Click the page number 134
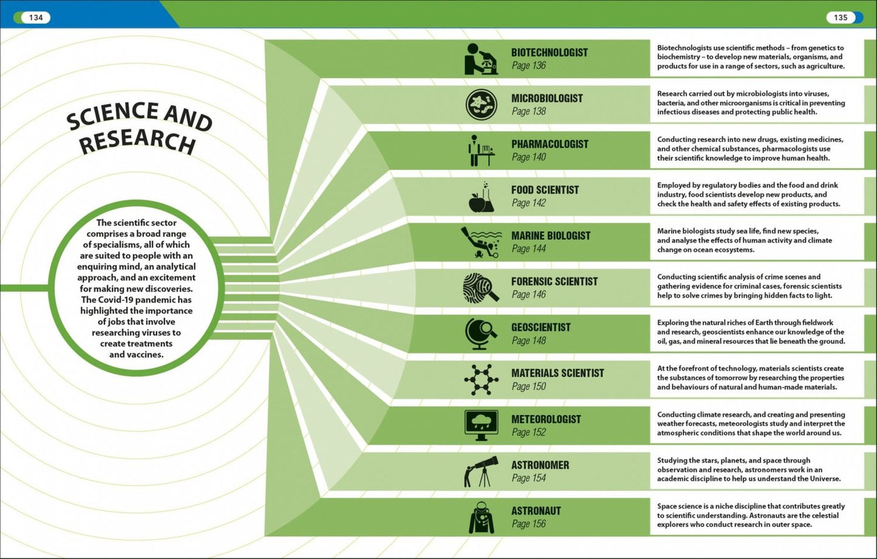36,18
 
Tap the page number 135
841,18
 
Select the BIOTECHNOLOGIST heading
549,52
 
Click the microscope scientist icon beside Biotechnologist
481,59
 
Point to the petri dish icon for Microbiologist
481,104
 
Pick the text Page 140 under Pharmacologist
529,157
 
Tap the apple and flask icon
481,197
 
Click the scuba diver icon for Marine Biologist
481,242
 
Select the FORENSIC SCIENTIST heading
554,282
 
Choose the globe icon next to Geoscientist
481,334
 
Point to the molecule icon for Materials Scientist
481,380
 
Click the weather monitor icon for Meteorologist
481,425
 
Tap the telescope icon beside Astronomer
481,472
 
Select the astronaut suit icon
481,518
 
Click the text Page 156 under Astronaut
529,524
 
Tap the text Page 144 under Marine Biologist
529,249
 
